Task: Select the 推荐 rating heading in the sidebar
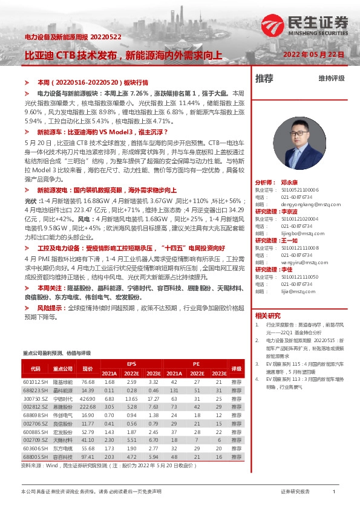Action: point(264,78)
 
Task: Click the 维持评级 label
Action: point(331,79)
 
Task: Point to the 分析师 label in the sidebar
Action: point(265,164)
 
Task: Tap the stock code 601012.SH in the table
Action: point(34,382)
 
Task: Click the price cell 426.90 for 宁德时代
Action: point(88,399)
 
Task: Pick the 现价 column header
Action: point(88,368)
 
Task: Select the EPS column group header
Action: point(131,364)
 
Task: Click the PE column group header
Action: point(197,364)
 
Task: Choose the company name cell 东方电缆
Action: point(62,449)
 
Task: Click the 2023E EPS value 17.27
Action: point(153,399)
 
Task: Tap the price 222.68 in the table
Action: point(88,407)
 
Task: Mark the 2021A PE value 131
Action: point(175,391)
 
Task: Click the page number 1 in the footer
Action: point(334,492)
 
